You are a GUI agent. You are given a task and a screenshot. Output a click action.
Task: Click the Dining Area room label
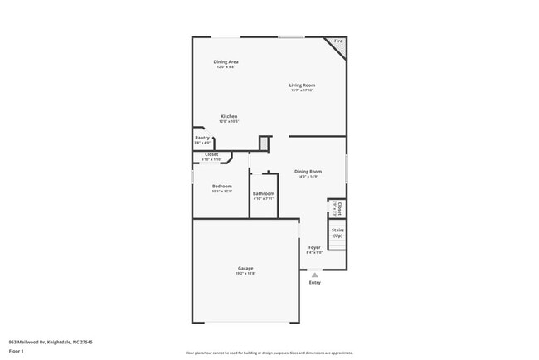click(226, 62)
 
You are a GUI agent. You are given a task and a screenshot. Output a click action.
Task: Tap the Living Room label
click(302, 85)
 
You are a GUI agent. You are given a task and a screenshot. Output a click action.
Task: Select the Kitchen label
click(229, 116)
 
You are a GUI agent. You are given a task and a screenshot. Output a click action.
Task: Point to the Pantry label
click(202, 138)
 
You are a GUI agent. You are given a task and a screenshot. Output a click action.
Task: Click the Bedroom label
click(221, 186)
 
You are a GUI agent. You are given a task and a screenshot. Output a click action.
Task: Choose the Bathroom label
click(264, 194)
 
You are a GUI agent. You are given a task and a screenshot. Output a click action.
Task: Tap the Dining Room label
click(308, 172)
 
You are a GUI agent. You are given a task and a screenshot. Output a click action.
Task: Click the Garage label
click(245, 268)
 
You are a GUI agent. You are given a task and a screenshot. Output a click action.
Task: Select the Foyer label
click(314, 247)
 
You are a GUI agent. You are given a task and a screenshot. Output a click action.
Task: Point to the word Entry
click(314, 283)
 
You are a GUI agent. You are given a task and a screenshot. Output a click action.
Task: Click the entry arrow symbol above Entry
click(314, 275)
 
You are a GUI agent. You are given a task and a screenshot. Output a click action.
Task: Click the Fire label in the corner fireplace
click(337, 41)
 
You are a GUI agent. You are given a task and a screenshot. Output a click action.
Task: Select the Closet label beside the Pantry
click(211, 154)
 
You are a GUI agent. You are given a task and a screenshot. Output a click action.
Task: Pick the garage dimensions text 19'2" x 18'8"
click(245, 274)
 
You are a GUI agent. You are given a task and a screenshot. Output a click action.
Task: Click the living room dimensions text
click(302, 90)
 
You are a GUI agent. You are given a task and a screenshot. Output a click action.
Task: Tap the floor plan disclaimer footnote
click(269, 353)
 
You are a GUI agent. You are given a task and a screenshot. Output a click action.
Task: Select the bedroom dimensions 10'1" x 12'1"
click(221, 192)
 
